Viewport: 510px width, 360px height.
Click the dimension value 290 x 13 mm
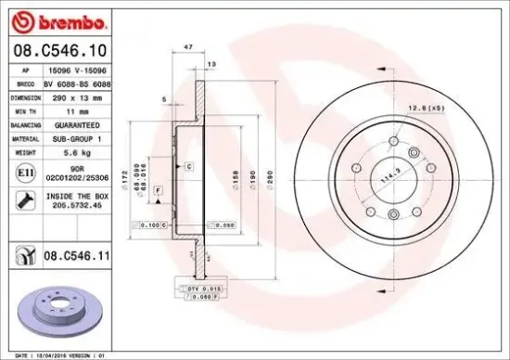coord(83,96)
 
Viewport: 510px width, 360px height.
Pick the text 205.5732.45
coord(83,207)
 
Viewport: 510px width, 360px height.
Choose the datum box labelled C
coord(188,165)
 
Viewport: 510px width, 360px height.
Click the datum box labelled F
coord(159,190)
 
